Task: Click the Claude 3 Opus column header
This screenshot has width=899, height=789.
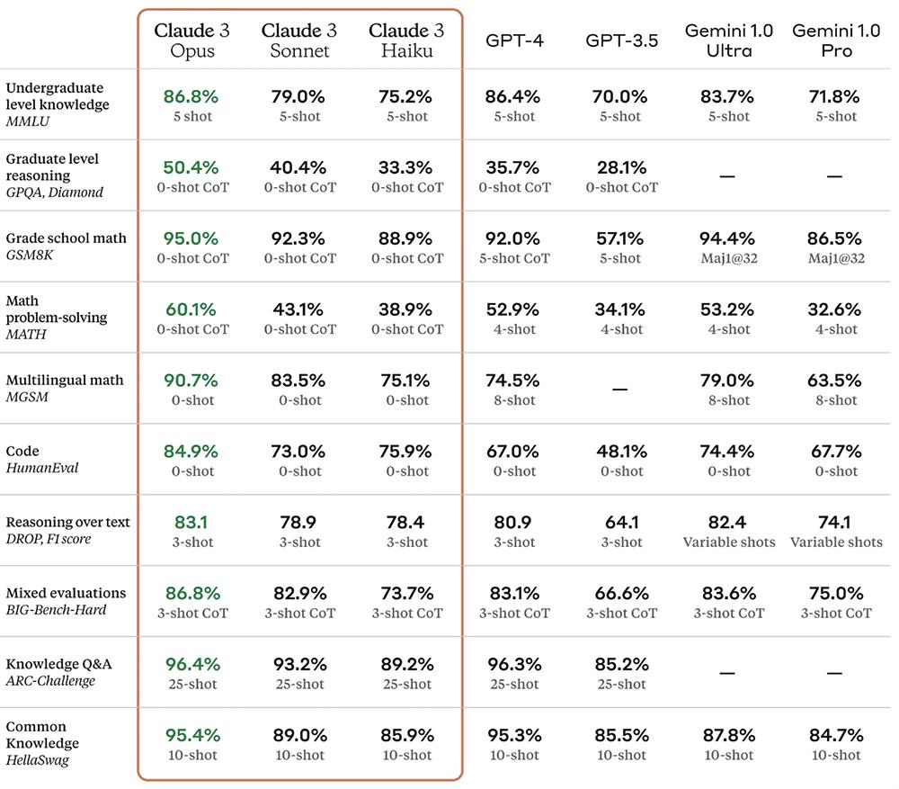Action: pyautogui.click(x=191, y=40)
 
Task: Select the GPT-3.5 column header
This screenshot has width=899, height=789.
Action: pyautogui.click(x=621, y=40)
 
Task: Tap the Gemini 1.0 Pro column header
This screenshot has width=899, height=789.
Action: pyautogui.click(x=836, y=40)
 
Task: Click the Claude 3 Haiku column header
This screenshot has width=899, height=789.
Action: pyautogui.click(x=407, y=40)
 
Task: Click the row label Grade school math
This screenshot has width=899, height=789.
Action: pyautogui.click(x=66, y=238)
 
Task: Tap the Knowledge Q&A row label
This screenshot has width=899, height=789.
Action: pyautogui.click(x=58, y=664)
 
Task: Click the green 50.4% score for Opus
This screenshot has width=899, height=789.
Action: pyautogui.click(x=191, y=167)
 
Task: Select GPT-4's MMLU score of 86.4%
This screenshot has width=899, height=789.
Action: pyautogui.click(x=513, y=96)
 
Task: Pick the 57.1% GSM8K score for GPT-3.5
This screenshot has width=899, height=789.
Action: pyautogui.click(x=621, y=238)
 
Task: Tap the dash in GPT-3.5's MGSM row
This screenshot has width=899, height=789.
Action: pyautogui.click(x=620, y=390)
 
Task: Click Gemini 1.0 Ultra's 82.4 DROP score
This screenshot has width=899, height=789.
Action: pyautogui.click(x=728, y=522)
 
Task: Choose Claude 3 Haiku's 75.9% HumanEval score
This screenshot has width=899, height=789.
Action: pyautogui.click(x=407, y=451)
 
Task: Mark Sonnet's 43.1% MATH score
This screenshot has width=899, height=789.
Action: pyautogui.click(x=299, y=309)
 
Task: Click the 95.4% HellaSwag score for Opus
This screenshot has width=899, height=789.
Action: pyautogui.click(x=191, y=735)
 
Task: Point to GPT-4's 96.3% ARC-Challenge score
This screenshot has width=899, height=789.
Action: pyautogui.click(x=513, y=664)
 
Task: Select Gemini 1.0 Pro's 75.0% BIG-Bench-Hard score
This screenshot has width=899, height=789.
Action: pyautogui.click(x=836, y=593)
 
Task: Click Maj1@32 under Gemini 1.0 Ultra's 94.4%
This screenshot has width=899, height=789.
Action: pyautogui.click(x=728, y=258)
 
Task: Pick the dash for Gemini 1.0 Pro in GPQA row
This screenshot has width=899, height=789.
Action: pyautogui.click(x=835, y=176)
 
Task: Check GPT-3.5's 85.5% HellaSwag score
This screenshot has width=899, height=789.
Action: pyautogui.click(x=621, y=735)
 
